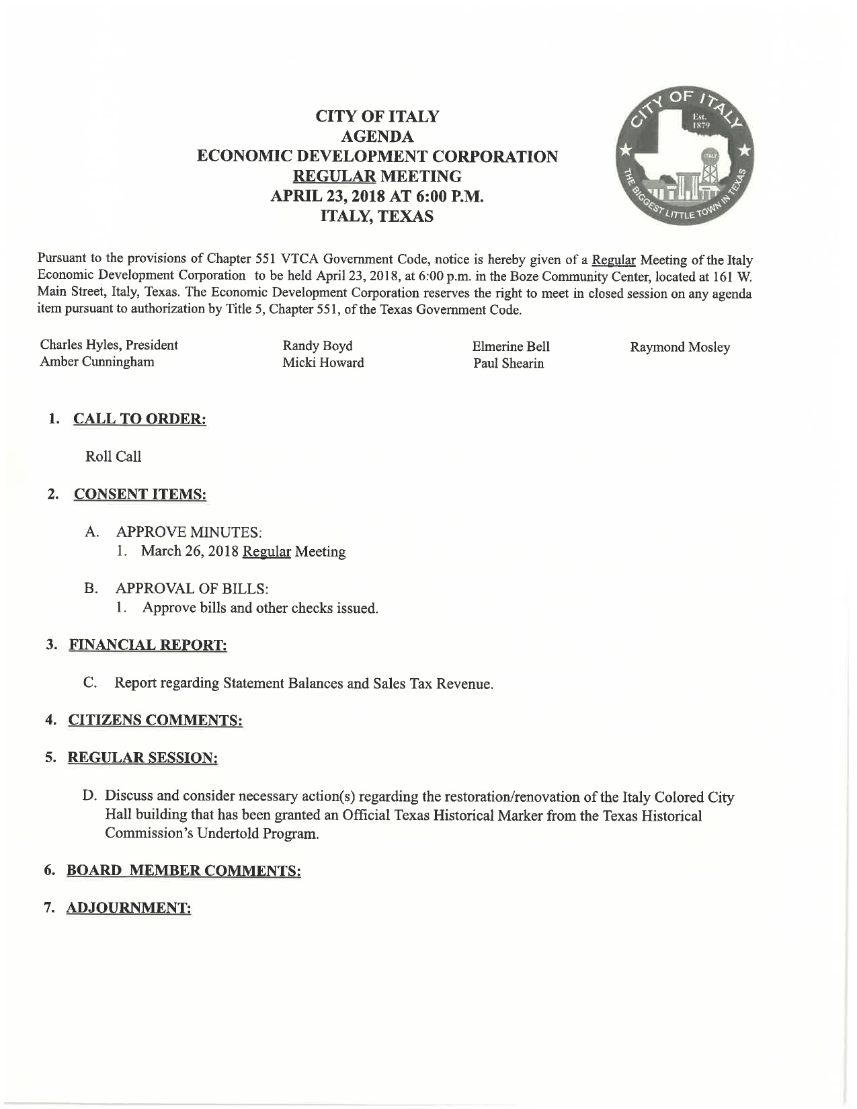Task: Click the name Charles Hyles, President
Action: tap(109, 345)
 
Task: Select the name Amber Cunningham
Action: tap(97, 362)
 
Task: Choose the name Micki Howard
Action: tap(323, 363)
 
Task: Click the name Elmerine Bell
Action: tap(511, 347)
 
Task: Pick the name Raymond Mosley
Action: tap(680, 347)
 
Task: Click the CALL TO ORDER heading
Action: tap(139, 419)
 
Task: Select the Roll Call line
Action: tap(114, 456)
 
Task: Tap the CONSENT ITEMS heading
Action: tap(140, 495)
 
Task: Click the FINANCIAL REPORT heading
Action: tap(147, 645)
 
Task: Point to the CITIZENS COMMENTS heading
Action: tap(155, 721)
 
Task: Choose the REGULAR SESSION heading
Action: tap(142, 758)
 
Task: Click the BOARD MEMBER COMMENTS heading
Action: tap(183, 871)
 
